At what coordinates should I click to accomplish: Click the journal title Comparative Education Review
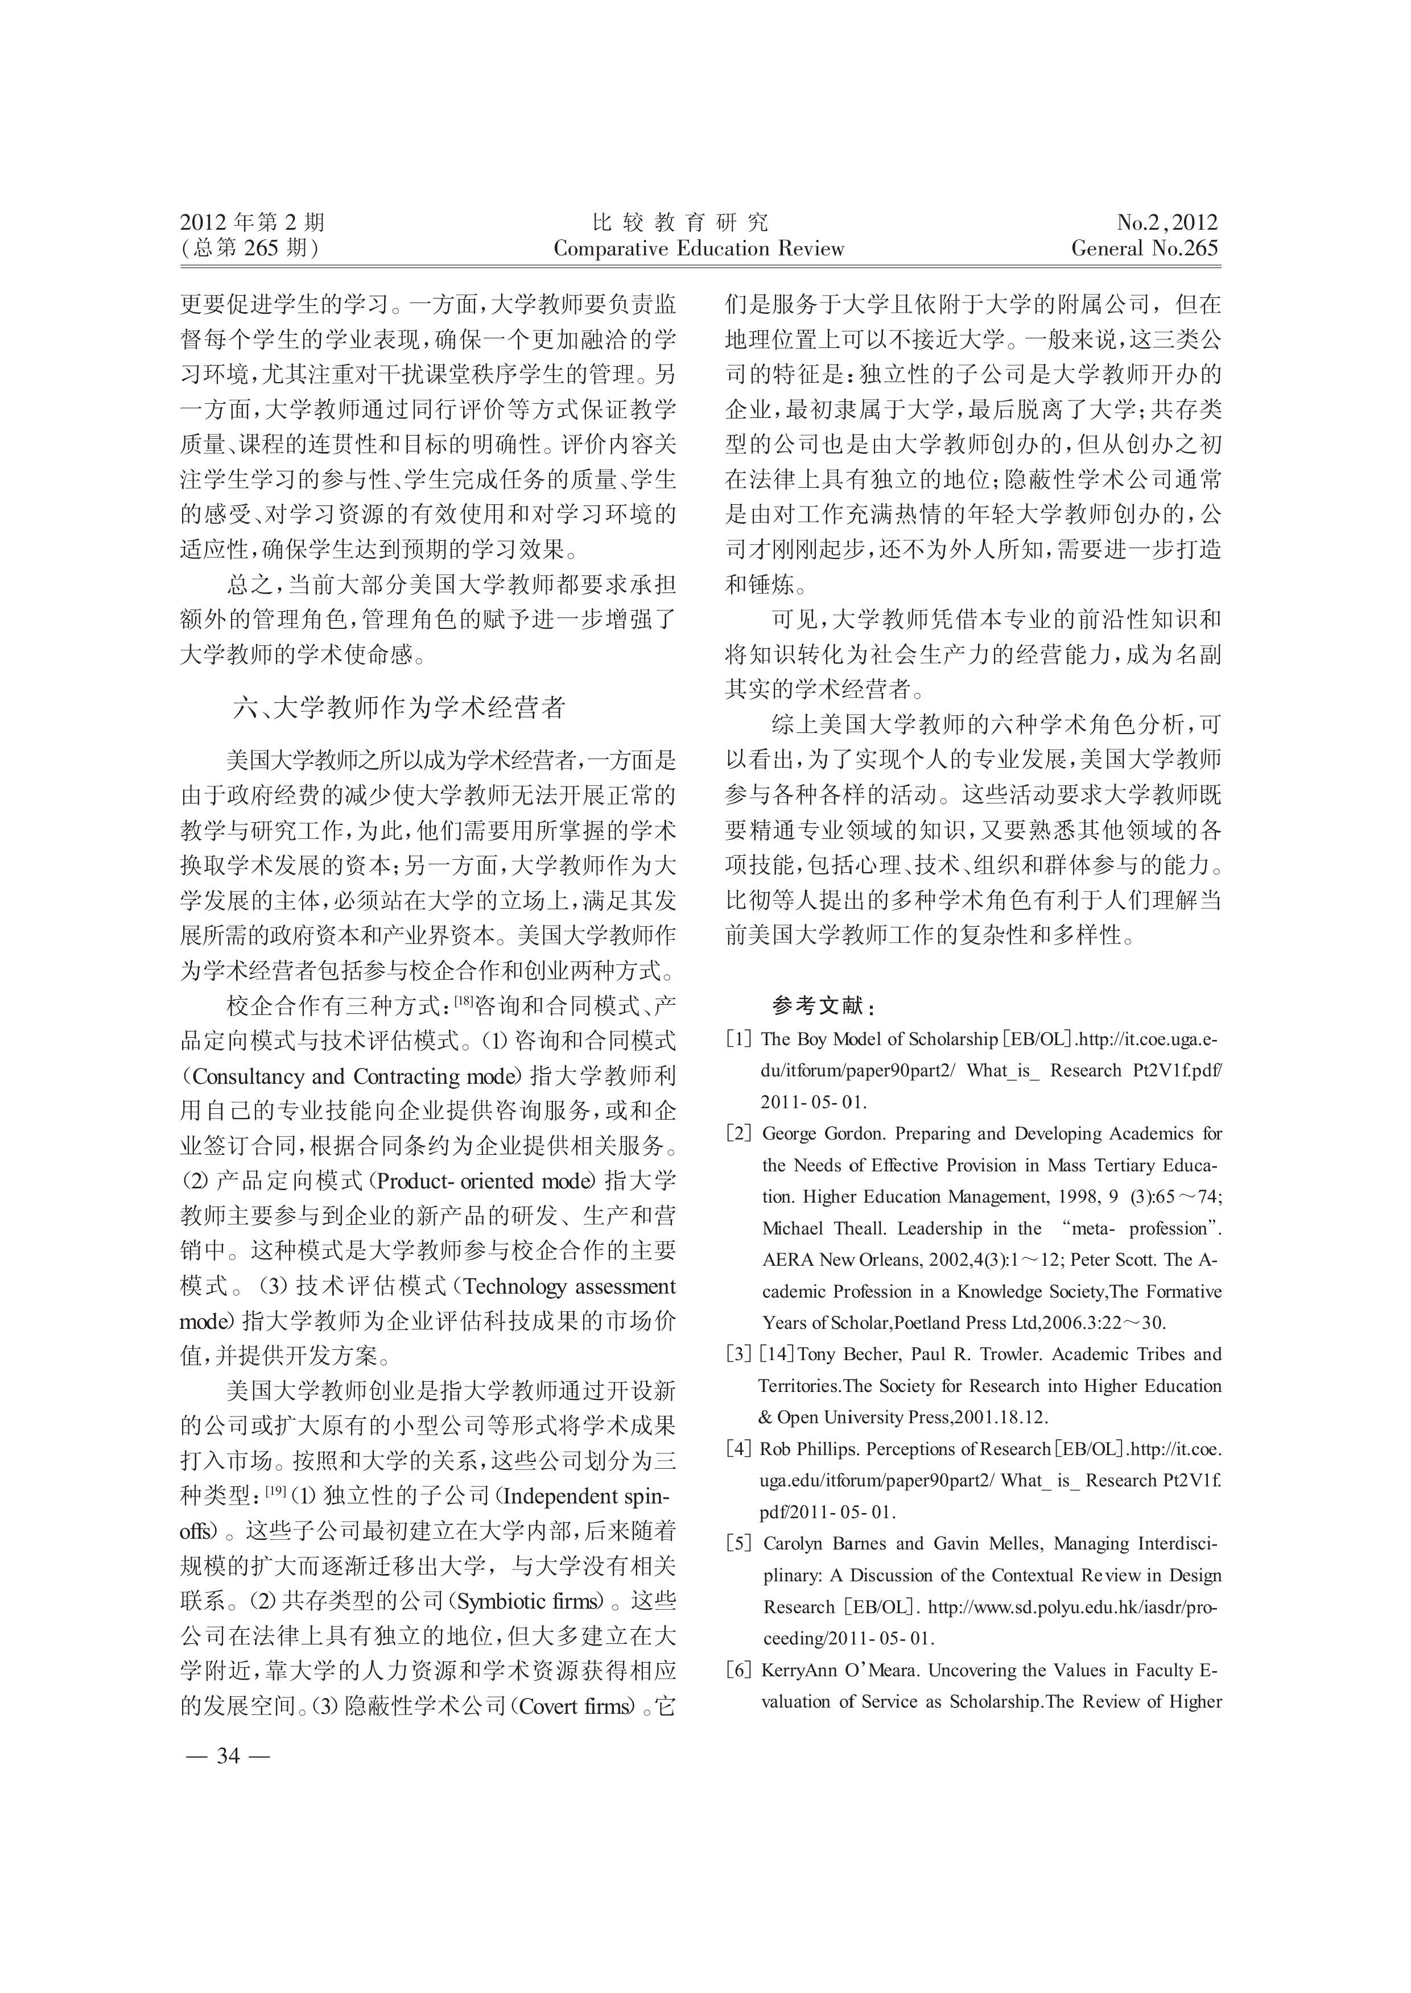pos(699,249)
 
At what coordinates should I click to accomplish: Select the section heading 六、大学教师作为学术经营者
pos(399,708)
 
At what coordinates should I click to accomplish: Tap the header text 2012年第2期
pos(252,222)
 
